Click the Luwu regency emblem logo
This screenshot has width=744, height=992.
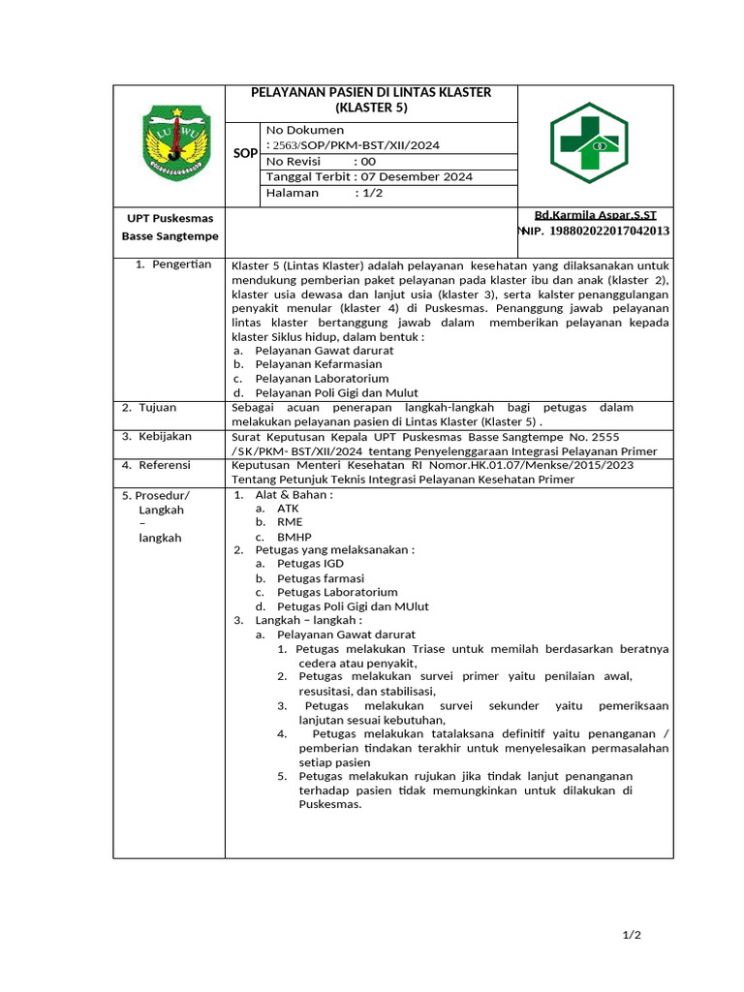point(176,142)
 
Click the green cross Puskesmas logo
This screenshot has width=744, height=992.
point(589,143)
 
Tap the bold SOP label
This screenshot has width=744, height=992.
point(245,153)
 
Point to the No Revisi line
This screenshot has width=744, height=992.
point(321,162)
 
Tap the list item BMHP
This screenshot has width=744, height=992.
point(294,536)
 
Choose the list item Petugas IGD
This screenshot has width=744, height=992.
point(310,564)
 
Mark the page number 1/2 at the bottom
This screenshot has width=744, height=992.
point(632,935)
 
